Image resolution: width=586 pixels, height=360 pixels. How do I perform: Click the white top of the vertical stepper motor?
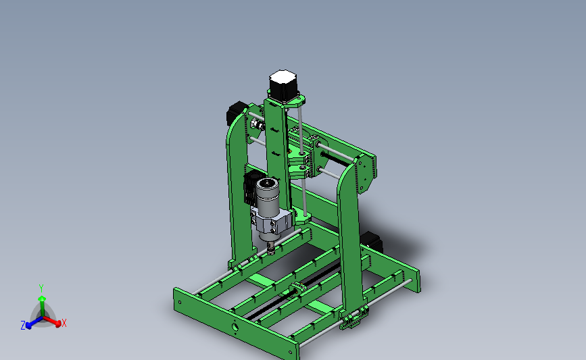(x=283, y=78)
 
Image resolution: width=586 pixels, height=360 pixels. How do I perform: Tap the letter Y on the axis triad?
(x=41, y=288)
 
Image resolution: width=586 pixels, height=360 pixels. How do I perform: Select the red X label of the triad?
(x=64, y=323)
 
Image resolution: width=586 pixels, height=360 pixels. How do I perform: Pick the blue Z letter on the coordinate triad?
(x=23, y=326)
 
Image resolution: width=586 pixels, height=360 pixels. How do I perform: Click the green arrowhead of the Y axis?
(x=42, y=299)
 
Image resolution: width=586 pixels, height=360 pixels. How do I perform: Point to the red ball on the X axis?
(x=58, y=324)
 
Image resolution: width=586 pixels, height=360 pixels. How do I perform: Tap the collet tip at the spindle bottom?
(x=270, y=249)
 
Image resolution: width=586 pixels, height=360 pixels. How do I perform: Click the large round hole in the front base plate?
(x=235, y=327)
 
